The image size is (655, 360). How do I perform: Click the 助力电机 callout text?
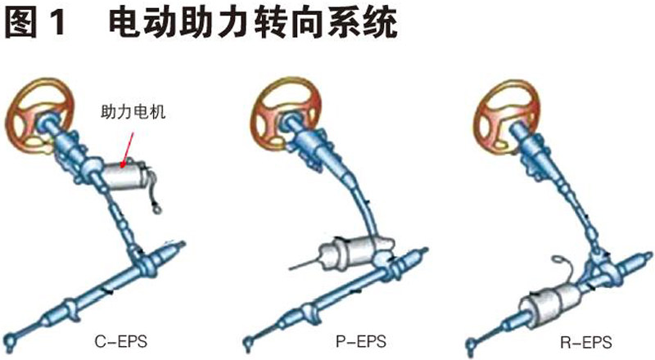pyautogui.click(x=133, y=112)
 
